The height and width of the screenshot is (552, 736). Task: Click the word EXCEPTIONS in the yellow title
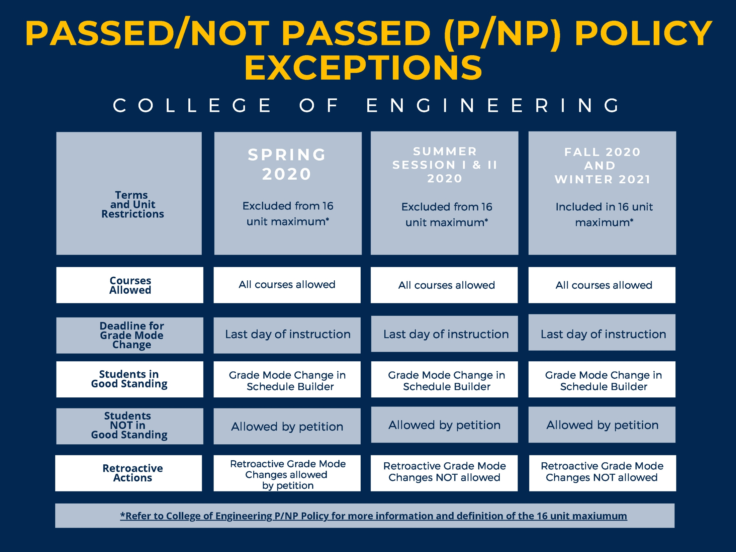pos(363,68)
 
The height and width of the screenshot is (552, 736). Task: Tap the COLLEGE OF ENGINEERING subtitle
pos(367,105)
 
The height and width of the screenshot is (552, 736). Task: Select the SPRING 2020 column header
pos(287,164)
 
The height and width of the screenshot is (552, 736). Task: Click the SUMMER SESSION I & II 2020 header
pos(445,165)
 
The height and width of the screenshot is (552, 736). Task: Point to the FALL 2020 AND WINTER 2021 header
pos(602,166)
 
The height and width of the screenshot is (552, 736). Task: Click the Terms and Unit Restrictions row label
pos(132,204)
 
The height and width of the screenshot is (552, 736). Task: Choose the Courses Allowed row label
pos(130,285)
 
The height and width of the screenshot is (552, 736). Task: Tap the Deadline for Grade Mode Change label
pos(131,335)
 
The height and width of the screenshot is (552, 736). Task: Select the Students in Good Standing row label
pos(129,379)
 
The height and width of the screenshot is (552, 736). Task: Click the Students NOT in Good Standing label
pos(129,426)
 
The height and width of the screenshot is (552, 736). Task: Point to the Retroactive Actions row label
pos(132,473)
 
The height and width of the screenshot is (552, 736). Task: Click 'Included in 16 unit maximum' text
pos(604,214)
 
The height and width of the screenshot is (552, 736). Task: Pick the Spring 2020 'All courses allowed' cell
pos(287,285)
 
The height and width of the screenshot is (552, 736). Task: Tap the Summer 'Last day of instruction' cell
pos(446,334)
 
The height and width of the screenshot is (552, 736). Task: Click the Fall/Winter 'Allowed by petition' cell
pos(602,425)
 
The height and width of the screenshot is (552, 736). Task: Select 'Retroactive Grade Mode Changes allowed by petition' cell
pos(287,474)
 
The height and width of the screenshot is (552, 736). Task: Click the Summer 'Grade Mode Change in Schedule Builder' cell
pos(446,381)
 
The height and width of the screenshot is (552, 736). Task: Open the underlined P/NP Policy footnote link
pos(373,516)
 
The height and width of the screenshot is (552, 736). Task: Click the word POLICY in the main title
pos(643,33)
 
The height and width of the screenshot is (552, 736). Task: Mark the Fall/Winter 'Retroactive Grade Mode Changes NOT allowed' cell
pos(602,472)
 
